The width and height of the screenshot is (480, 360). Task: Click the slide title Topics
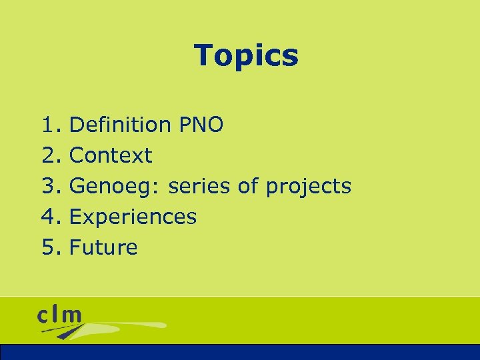click(246, 55)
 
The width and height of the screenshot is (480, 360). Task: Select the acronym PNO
click(201, 125)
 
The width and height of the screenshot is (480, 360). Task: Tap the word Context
click(111, 155)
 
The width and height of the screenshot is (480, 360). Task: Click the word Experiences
click(133, 217)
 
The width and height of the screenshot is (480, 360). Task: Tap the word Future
click(103, 247)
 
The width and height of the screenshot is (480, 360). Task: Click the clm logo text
click(60, 314)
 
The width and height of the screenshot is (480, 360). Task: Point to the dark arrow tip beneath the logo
click(63, 336)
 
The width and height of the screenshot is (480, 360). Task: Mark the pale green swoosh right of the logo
click(133, 325)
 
